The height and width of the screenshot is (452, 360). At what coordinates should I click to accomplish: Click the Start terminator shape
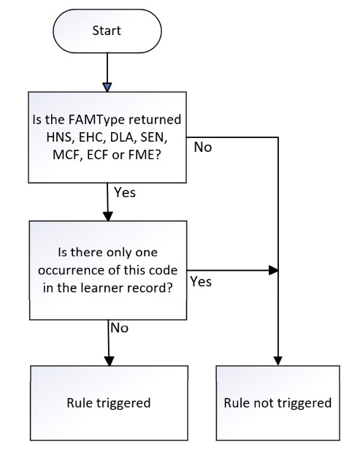click(107, 31)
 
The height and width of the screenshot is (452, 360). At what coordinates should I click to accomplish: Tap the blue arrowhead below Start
click(107, 88)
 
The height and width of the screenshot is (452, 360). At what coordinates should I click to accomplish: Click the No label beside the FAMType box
click(203, 147)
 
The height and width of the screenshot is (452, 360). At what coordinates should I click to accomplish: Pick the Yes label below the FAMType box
click(125, 192)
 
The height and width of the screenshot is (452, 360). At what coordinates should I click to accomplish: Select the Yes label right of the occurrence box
click(201, 282)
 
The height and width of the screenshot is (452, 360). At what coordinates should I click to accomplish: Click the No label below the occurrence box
click(120, 328)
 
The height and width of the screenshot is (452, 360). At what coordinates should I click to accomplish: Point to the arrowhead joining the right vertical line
click(273, 270)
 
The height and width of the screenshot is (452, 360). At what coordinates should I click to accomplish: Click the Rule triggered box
click(109, 403)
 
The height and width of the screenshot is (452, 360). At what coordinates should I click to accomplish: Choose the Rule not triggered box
click(278, 403)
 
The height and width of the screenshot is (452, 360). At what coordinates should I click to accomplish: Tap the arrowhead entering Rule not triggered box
click(278, 361)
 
